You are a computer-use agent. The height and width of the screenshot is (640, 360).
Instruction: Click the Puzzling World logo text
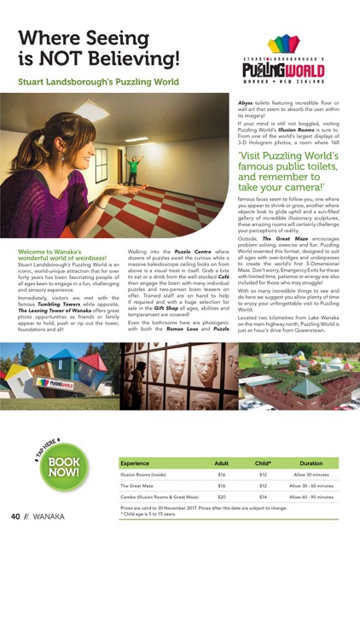[x=283, y=67]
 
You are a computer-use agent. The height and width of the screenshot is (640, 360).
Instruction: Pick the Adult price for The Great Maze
[x=221, y=485]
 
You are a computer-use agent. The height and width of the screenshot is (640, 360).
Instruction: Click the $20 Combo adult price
[x=221, y=496]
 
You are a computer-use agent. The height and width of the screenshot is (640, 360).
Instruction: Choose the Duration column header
[x=313, y=463]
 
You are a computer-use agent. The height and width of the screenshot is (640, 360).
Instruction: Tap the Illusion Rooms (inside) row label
[x=142, y=474]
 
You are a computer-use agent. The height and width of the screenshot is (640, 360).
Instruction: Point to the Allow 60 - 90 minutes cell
[x=313, y=496]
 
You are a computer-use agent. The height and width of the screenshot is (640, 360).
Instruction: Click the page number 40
[x=15, y=517]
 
